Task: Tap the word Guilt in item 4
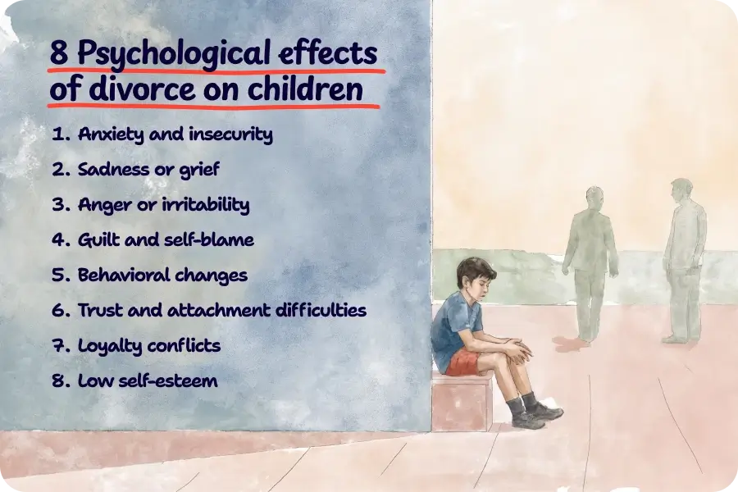[101, 240]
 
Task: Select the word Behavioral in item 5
[121, 276]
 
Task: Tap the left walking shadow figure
[590, 262]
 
